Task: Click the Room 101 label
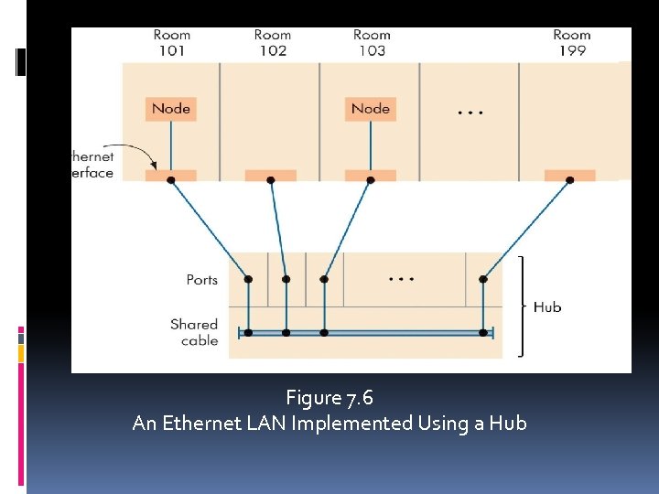171,43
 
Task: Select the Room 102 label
272,43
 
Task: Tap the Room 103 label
372,43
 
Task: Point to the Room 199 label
571,43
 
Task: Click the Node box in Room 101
171,109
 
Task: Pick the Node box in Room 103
371,109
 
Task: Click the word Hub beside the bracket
547,307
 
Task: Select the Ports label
201,279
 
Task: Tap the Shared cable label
194,332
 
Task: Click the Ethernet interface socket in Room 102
270,175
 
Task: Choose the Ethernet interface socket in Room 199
569,175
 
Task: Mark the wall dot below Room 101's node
171,180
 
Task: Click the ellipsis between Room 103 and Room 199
470,113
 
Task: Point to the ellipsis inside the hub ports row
402,277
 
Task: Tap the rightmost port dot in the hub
483,279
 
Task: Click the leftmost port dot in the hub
248,279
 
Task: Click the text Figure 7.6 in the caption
329,398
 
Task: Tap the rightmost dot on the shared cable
483,333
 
